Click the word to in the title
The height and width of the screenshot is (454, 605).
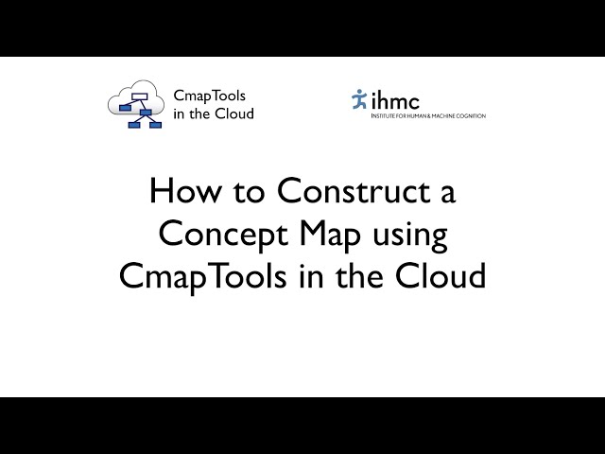247,194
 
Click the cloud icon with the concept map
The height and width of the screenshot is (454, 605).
137,104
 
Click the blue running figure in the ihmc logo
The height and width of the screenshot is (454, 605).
358,99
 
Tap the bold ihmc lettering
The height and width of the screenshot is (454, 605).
395,99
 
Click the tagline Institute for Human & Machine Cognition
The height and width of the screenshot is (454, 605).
428,116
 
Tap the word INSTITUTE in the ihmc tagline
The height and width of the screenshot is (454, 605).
387,116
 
